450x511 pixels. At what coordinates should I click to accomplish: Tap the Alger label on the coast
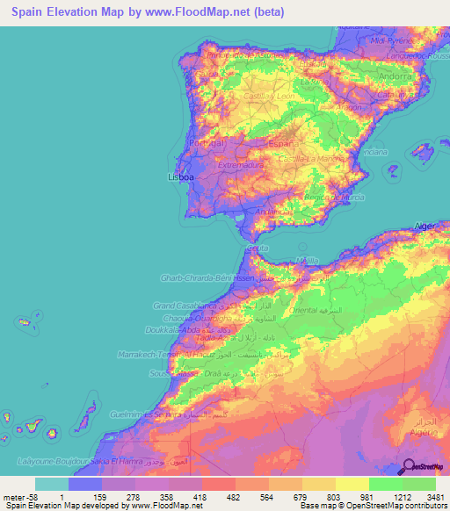pos(425,226)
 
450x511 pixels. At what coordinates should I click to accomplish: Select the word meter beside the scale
pos(12,496)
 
